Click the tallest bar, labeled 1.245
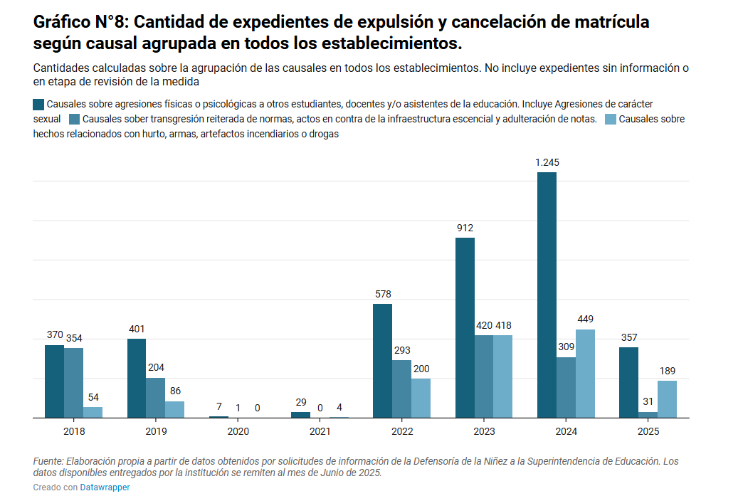pyautogui.click(x=547, y=295)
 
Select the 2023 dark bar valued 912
pyautogui.click(x=465, y=327)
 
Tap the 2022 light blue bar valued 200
pyautogui.click(x=421, y=398)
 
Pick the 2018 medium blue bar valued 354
pyautogui.click(x=73, y=383)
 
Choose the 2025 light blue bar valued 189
pyautogui.click(x=667, y=399)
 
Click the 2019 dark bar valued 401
pyautogui.click(x=137, y=378)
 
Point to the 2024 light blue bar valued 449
pyautogui.click(x=585, y=374)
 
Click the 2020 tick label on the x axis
pyautogui.click(x=238, y=431)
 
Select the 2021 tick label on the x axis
pyautogui.click(x=320, y=431)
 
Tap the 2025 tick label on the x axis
pyautogui.click(x=648, y=431)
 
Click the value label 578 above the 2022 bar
pyautogui.click(x=382, y=294)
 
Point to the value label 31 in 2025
pyautogui.click(x=648, y=401)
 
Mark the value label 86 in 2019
pyautogui.click(x=175, y=391)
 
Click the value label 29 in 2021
pyautogui.click(x=300, y=402)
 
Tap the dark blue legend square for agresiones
pyautogui.click(x=38, y=104)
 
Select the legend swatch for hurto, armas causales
pyautogui.click(x=610, y=119)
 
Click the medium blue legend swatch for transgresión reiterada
pyautogui.click(x=74, y=119)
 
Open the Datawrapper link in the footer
pyautogui.click(x=105, y=487)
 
